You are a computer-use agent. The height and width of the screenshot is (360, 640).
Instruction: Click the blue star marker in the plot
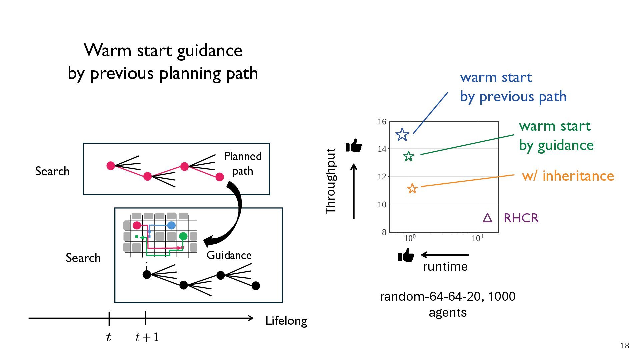pos(402,135)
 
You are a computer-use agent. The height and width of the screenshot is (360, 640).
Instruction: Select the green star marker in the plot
pos(409,156)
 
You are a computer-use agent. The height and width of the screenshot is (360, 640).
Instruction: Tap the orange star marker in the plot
pos(412,188)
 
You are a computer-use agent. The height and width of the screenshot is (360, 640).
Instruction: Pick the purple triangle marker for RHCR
pos(487,218)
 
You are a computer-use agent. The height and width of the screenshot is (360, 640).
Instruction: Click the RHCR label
pos(521,218)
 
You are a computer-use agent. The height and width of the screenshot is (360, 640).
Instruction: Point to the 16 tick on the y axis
pos(382,122)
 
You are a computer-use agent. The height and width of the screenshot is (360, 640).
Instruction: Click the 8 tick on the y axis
pos(384,232)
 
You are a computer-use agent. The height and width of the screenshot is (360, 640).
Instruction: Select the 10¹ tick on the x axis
pos(477,238)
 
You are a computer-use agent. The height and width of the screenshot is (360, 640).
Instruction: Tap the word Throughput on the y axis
pos(331,181)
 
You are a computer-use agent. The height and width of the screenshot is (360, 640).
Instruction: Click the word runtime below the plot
pos(445,266)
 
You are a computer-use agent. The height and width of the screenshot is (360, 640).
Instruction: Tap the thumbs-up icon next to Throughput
pos(354,146)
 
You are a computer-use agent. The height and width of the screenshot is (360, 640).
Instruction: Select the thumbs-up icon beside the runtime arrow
pos(406,255)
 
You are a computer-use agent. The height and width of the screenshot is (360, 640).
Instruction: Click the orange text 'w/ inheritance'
pos(568,176)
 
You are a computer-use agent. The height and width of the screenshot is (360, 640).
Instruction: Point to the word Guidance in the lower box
pos(229,255)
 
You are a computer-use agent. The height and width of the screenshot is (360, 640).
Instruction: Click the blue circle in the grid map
pos(171,225)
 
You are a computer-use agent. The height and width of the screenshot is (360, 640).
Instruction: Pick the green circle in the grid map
pos(183,236)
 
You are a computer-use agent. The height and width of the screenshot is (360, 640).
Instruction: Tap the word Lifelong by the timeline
pos(286,320)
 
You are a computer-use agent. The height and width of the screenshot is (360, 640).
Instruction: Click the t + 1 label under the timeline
pos(147,337)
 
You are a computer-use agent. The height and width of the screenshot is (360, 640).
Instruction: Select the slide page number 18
pos(625,346)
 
